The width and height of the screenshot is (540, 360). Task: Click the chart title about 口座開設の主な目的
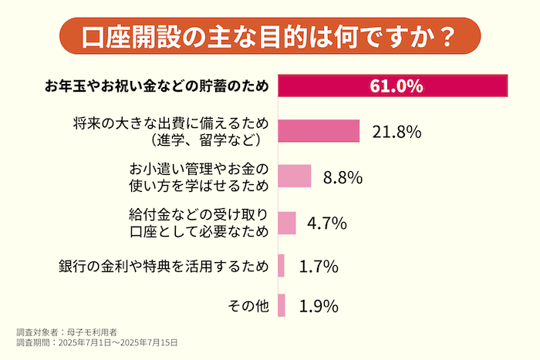click(269, 35)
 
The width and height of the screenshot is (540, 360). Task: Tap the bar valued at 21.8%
click(319, 131)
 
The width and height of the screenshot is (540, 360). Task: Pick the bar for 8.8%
click(294, 177)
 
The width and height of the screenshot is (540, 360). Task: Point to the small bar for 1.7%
click(281, 266)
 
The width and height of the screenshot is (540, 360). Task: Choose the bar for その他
click(282, 306)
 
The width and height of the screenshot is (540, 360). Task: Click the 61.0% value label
click(397, 86)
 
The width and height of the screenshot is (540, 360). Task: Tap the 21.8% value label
click(396, 132)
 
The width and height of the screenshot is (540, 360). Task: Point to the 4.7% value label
click(327, 224)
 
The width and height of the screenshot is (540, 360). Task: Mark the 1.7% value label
click(319, 267)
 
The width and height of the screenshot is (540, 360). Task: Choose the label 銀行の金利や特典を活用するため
click(164, 267)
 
